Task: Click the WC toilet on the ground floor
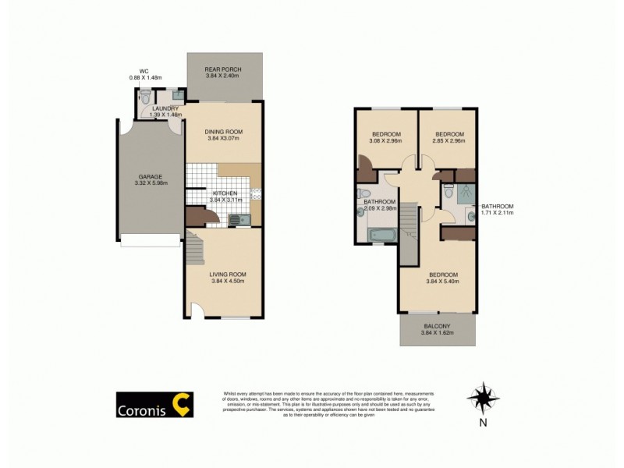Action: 144,100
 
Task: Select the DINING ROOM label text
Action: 224,131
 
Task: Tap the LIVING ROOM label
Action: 228,274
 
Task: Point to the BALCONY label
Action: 437,326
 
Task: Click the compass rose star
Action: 483,399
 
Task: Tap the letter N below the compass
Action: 483,424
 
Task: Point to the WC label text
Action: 144,71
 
